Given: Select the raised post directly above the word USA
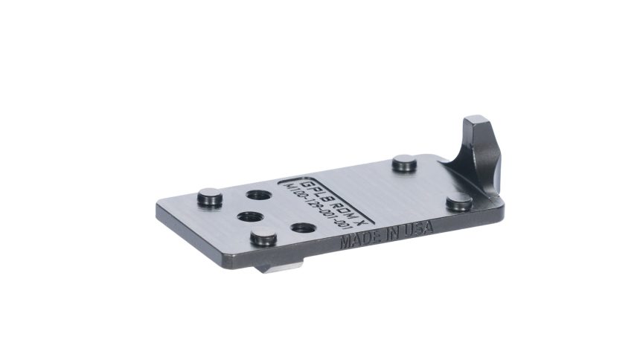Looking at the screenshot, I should click(458, 200).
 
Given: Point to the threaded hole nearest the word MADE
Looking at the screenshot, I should click(301, 229).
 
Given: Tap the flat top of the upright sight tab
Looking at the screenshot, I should click(476, 121).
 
